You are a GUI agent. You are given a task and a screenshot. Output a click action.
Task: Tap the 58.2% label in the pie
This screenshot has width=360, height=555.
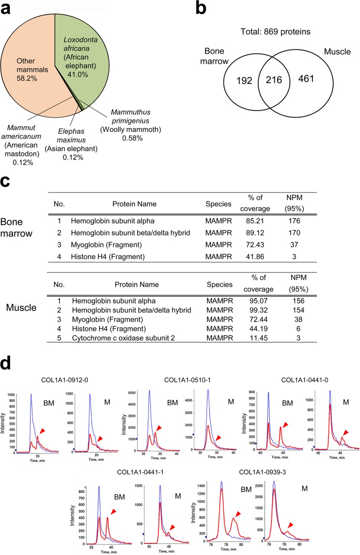[x=28, y=60]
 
